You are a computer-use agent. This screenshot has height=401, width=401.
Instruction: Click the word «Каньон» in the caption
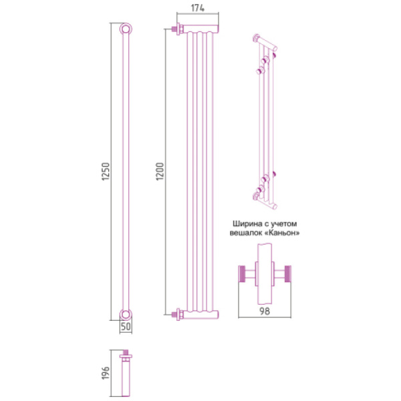282,233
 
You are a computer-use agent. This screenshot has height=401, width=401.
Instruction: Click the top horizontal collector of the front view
201,29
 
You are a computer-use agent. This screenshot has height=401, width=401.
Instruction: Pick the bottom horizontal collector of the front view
201,313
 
